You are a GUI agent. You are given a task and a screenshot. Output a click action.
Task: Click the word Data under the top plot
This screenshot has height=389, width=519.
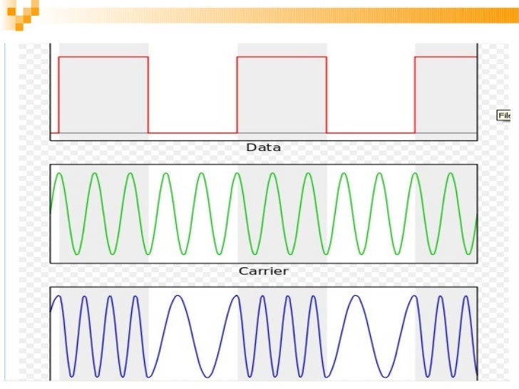[x=263, y=147]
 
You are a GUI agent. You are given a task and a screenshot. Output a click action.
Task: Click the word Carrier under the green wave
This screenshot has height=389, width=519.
[x=263, y=271]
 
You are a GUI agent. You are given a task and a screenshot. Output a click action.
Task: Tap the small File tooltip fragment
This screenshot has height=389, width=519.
[x=504, y=115]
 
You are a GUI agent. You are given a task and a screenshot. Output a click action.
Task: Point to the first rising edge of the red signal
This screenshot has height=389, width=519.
[x=59, y=94]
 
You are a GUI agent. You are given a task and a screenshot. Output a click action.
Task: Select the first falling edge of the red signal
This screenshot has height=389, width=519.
[x=148, y=94]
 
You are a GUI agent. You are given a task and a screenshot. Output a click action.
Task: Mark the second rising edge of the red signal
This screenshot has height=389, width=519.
[x=237, y=94]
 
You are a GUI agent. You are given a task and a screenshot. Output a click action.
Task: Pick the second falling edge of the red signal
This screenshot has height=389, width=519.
[x=327, y=94]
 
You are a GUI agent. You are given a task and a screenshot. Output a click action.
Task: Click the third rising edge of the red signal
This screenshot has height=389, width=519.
[x=415, y=94]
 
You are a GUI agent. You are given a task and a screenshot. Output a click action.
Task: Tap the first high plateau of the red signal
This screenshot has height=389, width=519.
[x=103, y=56]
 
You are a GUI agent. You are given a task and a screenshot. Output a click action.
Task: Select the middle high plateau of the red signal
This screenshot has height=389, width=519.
[x=282, y=56]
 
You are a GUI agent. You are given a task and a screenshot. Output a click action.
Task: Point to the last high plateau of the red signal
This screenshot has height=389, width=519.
[x=446, y=56]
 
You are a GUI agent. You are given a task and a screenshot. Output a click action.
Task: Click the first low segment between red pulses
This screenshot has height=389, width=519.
[x=192, y=133]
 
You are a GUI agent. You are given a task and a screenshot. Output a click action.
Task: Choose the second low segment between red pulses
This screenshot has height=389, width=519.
[x=371, y=133]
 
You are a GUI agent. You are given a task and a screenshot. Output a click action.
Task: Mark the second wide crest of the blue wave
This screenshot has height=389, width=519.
[x=354, y=296]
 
